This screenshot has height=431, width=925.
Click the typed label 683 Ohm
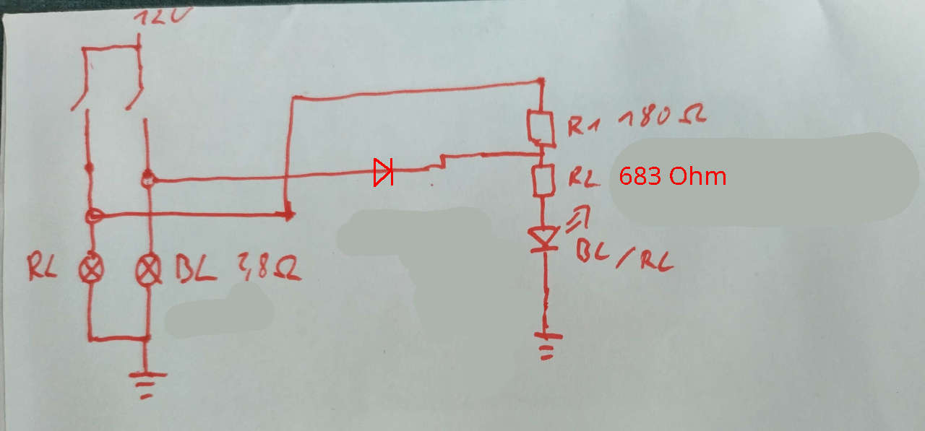(672, 176)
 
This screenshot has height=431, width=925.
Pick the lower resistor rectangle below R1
(543, 180)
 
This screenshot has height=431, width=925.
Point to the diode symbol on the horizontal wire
(383, 172)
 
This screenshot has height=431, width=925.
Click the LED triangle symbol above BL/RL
(544, 239)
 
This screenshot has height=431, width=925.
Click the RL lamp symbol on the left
(91, 269)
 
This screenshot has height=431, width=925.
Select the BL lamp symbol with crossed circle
(149, 270)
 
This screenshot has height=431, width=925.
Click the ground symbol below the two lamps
(147, 383)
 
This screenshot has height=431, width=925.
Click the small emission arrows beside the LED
(580, 214)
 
